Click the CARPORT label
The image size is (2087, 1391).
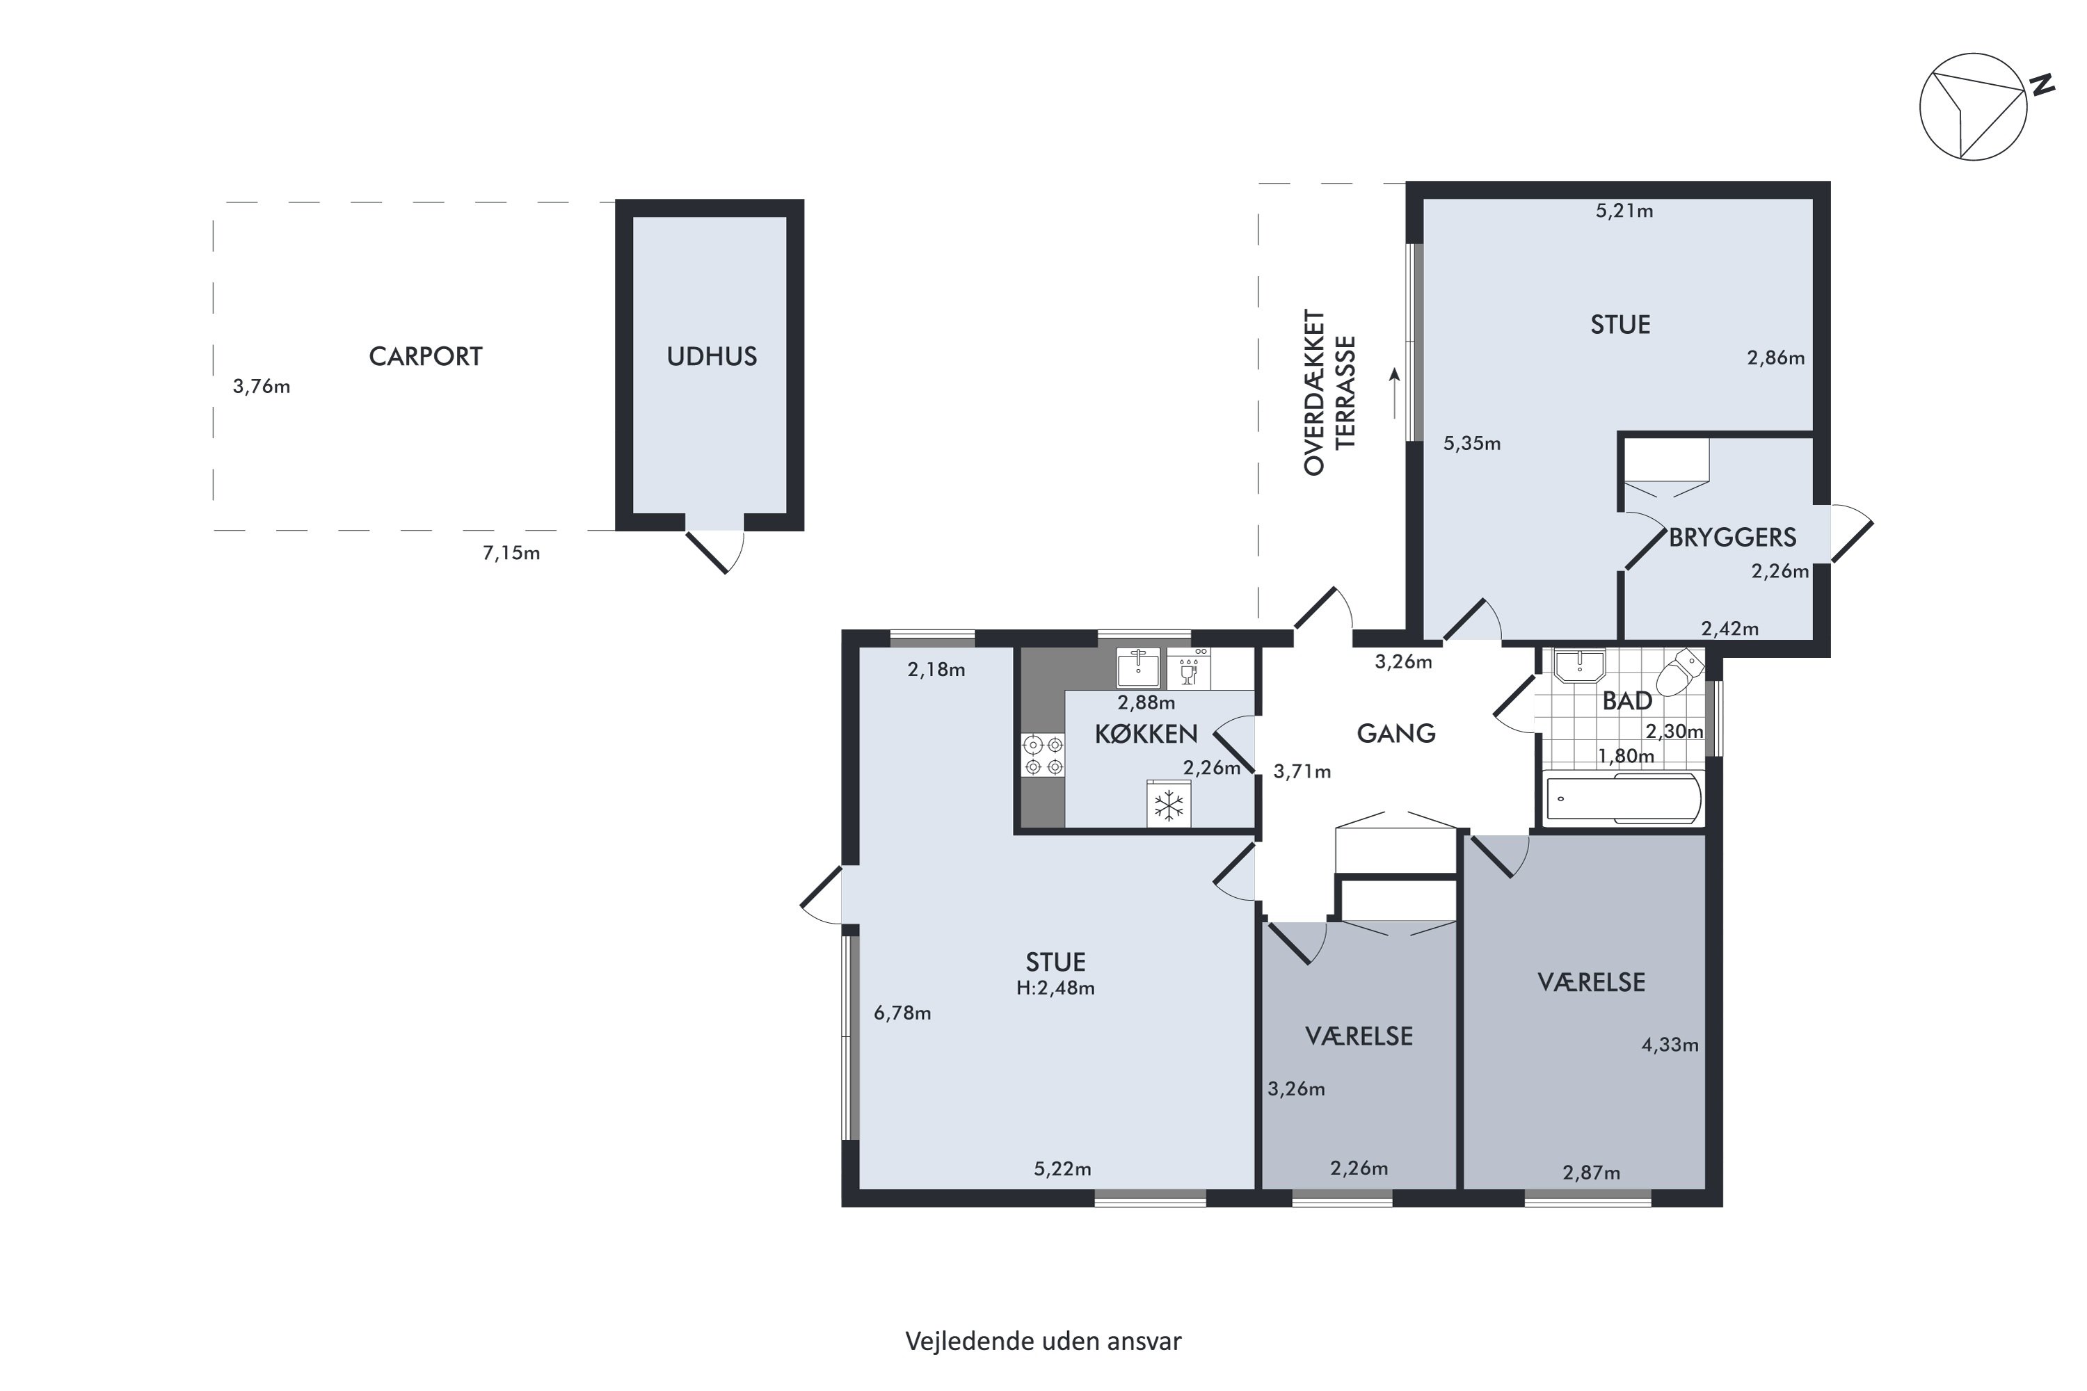coord(425,357)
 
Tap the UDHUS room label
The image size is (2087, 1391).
coord(712,357)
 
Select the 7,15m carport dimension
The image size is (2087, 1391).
coord(511,554)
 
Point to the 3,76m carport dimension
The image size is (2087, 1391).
coord(262,387)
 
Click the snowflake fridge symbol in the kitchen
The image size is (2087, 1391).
coord(1169,805)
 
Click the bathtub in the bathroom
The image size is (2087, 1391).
coord(1623,798)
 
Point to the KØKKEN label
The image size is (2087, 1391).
coord(1146,734)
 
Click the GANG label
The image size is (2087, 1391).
coord(1396,734)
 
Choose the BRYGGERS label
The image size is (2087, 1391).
coord(1732,538)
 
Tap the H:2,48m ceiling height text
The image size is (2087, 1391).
coord(1055,988)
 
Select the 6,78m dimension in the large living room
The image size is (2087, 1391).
coord(902,1013)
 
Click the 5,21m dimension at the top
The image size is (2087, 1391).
coord(1624,211)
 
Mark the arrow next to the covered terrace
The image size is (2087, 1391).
coord(1395,393)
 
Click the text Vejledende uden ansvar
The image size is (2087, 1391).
coord(1043,1342)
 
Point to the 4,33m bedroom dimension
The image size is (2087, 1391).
coord(1670,1045)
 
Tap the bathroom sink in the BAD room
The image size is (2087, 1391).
coord(1579,666)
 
